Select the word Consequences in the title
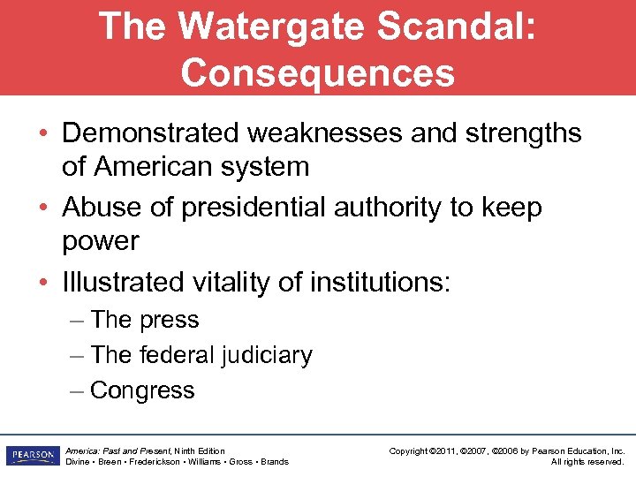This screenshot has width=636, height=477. (318, 73)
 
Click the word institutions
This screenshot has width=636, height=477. (380, 283)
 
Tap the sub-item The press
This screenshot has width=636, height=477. (145, 320)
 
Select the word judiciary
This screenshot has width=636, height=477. (267, 355)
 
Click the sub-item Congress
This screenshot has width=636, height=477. (142, 390)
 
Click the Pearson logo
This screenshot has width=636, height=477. (31, 456)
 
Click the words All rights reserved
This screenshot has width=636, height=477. (587, 462)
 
